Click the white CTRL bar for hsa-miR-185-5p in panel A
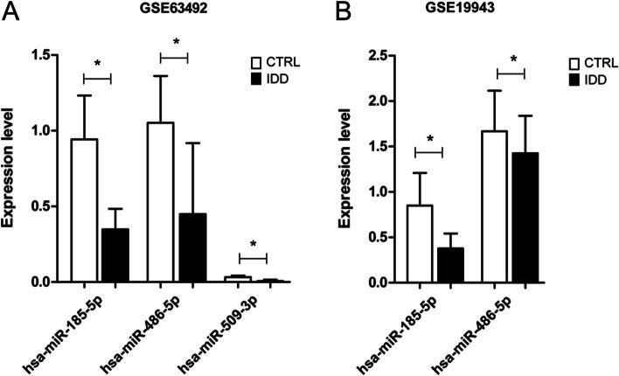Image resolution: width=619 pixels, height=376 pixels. [x=84, y=210]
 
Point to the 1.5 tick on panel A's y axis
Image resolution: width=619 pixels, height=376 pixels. [x=37, y=55]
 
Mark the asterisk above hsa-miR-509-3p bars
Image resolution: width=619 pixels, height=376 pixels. [x=252, y=245]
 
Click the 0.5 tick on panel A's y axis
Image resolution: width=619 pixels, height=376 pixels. [x=37, y=206]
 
